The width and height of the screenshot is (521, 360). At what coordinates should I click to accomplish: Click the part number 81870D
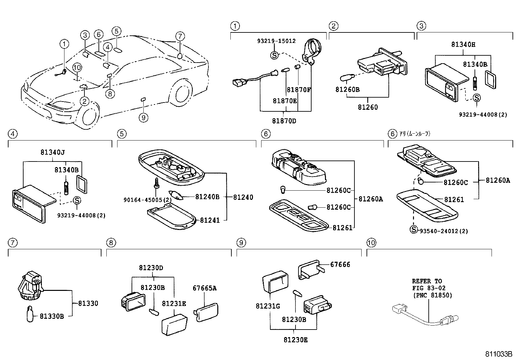[x=284, y=121]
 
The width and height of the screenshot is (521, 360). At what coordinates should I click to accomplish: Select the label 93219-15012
[x=276, y=41]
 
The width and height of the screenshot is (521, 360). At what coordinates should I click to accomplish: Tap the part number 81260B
[x=347, y=89]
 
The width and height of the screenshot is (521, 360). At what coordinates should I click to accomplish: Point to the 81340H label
[x=463, y=45]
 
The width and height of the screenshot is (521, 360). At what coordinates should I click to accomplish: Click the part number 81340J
[x=52, y=152]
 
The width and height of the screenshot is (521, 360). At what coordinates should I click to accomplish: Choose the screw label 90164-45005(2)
[x=147, y=200]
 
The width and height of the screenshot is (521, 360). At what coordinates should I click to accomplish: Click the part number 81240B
[x=207, y=197]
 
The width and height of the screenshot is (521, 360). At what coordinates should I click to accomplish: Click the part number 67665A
[x=205, y=288]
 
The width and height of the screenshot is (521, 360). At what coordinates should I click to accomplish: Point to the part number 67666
[x=340, y=264]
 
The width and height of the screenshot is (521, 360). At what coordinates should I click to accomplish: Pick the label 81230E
[x=296, y=340]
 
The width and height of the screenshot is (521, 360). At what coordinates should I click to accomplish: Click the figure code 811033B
[x=498, y=354]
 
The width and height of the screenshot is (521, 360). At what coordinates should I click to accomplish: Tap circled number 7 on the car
[x=180, y=36]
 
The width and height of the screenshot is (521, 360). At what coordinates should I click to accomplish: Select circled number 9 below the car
[x=143, y=117]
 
